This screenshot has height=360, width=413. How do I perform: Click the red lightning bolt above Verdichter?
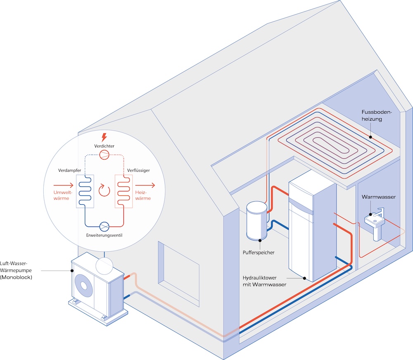point(104,137)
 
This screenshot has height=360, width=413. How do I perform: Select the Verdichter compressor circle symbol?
point(104,155)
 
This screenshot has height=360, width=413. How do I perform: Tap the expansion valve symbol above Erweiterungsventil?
point(104,226)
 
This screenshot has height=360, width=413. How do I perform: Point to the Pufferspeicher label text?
point(259,252)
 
